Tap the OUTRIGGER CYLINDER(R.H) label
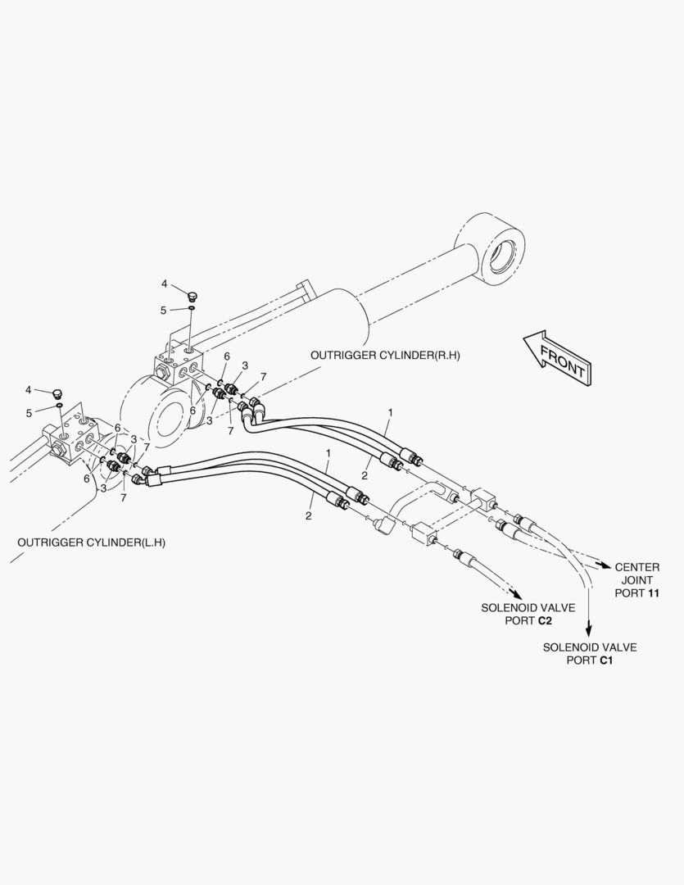tap(385, 356)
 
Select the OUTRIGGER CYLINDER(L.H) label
tap(92, 542)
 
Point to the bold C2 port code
tap(545, 621)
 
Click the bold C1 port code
tap(605, 660)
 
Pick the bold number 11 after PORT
tap(654, 593)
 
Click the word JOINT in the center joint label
tap(637, 580)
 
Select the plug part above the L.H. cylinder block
tap(56, 393)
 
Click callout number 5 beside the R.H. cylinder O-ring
tap(164, 311)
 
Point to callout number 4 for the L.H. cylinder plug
tap(28, 390)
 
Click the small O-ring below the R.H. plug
tap(192, 308)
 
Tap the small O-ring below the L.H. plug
tap(59, 406)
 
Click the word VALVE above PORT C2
tap(555, 608)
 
